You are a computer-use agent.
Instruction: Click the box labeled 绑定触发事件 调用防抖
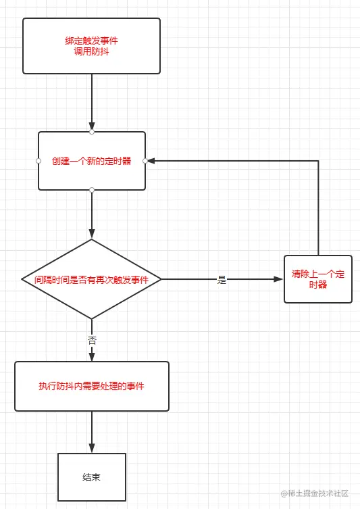(x=91, y=45)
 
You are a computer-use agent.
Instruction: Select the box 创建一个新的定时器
(x=91, y=161)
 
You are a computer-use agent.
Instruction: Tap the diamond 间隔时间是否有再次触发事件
(x=91, y=279)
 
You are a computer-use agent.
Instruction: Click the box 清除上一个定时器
(x=317, y=279)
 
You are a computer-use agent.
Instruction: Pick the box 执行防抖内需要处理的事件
(x=91, y=386)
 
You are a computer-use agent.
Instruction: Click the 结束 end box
(x=91, y=477)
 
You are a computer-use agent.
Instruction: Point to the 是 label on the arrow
(x=222, y=280)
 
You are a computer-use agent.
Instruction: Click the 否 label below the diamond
(x=92, y=340)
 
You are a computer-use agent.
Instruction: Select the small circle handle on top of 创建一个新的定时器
(x=92, y=132)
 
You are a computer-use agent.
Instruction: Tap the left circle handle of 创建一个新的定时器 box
(x=38, y=161)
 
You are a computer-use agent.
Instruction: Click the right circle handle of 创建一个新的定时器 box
(x=145, y=161)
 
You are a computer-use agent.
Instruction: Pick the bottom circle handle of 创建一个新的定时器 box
(x=92, y=190)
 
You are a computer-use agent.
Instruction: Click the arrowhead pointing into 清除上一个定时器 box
(x=279, y=279)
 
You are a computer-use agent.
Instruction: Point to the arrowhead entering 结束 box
(x=92, y=447)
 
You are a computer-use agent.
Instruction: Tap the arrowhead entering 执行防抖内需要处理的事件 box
(x=92, y=356)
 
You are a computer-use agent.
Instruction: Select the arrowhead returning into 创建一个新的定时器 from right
(x=151, y=161)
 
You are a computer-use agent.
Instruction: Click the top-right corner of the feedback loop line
(x=317, y=161)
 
